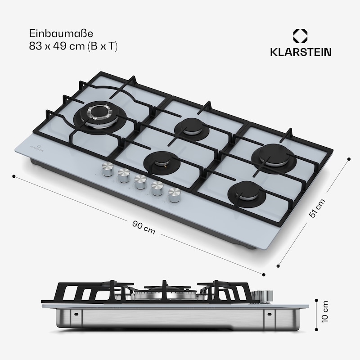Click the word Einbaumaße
pyautogui.click(x=61, y=33)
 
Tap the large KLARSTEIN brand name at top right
pyautogui.click(x=301, y=52)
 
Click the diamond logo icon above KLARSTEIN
pyautogui.click(x=300, y=36)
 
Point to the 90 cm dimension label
pyautogui.click(x=144, y=227)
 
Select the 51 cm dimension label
pyautogui.click(x=317, y=208)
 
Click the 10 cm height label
pyautogui.click(x=325, y=311)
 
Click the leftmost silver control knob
pyautogui.click(x=108, y=170)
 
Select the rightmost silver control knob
pyautogui.click(x=175, y=195)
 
